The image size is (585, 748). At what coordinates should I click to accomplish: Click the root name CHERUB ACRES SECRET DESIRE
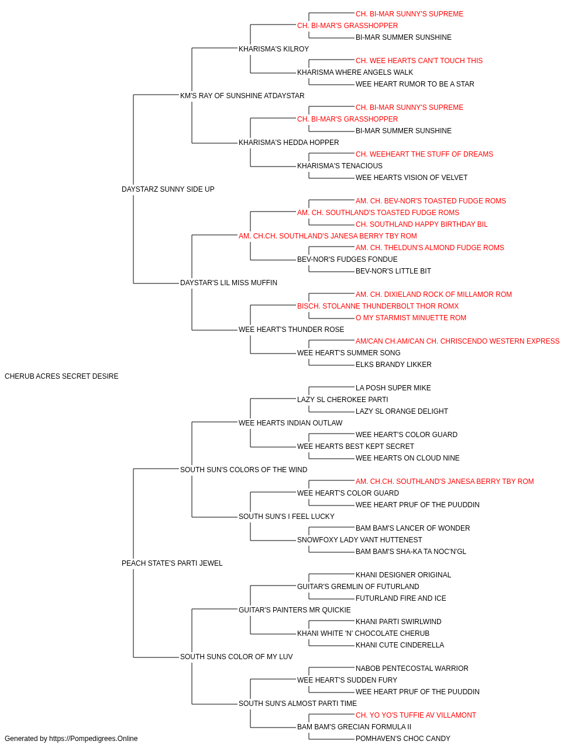coord(61,376)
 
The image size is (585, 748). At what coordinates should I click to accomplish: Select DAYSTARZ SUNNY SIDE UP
coord(168,189)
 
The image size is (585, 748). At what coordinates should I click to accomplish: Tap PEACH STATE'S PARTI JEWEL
coord(172,563)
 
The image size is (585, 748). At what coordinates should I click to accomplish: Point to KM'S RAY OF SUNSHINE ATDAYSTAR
coord(242,96)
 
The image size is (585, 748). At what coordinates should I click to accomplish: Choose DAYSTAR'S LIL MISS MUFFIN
coord(228,283)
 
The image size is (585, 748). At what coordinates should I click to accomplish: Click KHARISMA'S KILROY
coord(274,49)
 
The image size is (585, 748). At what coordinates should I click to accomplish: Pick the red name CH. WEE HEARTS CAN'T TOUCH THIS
coord(419,61)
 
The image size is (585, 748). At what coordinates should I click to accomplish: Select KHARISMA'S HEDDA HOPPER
coord(289,143)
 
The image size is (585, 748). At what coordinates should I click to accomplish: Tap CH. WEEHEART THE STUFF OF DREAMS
coord(424,154)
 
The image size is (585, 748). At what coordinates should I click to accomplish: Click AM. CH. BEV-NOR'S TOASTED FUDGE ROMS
coord(431,201)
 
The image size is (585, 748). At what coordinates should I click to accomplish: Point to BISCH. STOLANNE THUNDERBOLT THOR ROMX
coord(378,306)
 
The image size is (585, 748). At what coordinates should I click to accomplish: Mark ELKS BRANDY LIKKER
coord(394,365)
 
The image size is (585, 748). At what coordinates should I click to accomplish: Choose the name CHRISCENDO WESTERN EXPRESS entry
coord(457,341)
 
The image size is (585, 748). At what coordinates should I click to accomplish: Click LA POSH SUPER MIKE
coord(393,388)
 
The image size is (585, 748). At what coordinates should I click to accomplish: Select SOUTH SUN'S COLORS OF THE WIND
coord(243,470)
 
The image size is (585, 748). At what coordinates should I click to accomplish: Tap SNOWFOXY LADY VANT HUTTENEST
coord(359,540)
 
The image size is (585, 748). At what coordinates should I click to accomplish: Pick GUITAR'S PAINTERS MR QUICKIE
coord(295,610)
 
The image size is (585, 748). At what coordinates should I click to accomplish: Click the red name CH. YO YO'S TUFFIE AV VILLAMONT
coord(415,715)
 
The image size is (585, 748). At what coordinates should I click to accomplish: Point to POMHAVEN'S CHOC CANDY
coord(402,739)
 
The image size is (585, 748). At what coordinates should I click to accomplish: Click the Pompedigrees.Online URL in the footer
coord(93,739)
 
